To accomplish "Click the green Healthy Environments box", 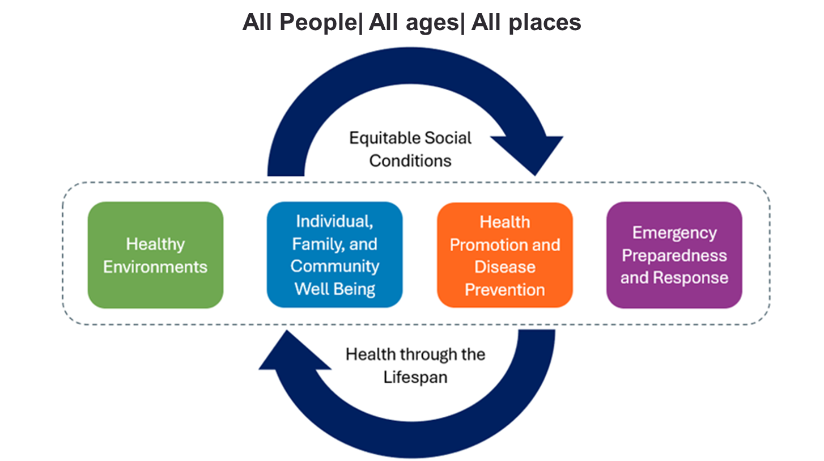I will click(155, 255).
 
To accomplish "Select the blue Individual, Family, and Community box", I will click(334, 255).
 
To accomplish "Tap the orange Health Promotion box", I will click(504, 255).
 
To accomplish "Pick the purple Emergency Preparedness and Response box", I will click(674, 255).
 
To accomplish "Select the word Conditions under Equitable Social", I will click(410, 160).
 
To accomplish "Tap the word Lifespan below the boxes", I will click(415, 377).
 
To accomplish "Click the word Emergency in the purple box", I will click(674, 232).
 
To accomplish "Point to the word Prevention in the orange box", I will click(504, 289).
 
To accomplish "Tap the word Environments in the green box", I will click(155, 267).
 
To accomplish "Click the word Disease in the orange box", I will click(504, 267).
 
